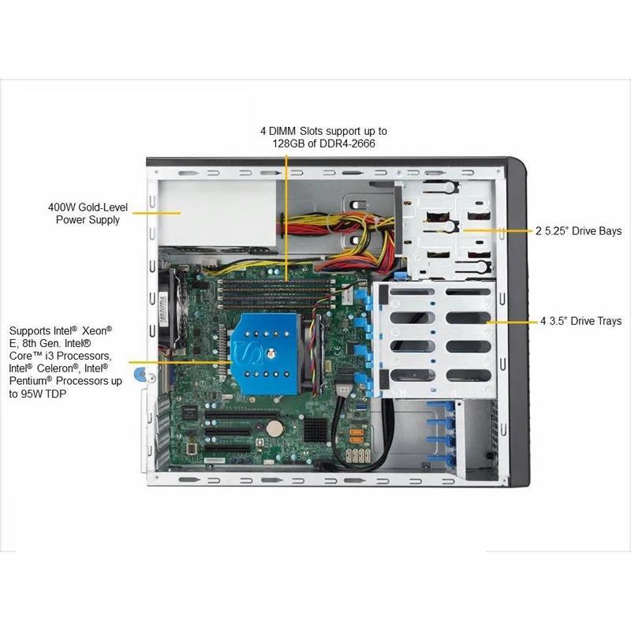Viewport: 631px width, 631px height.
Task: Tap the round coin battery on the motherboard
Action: coord(274,427)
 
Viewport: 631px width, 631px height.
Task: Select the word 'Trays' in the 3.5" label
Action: coord(607,321)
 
